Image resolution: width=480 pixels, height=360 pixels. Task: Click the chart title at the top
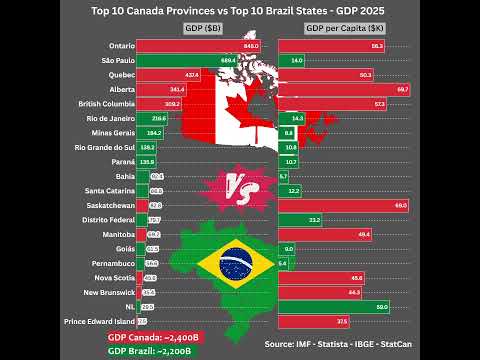[240, 12]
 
